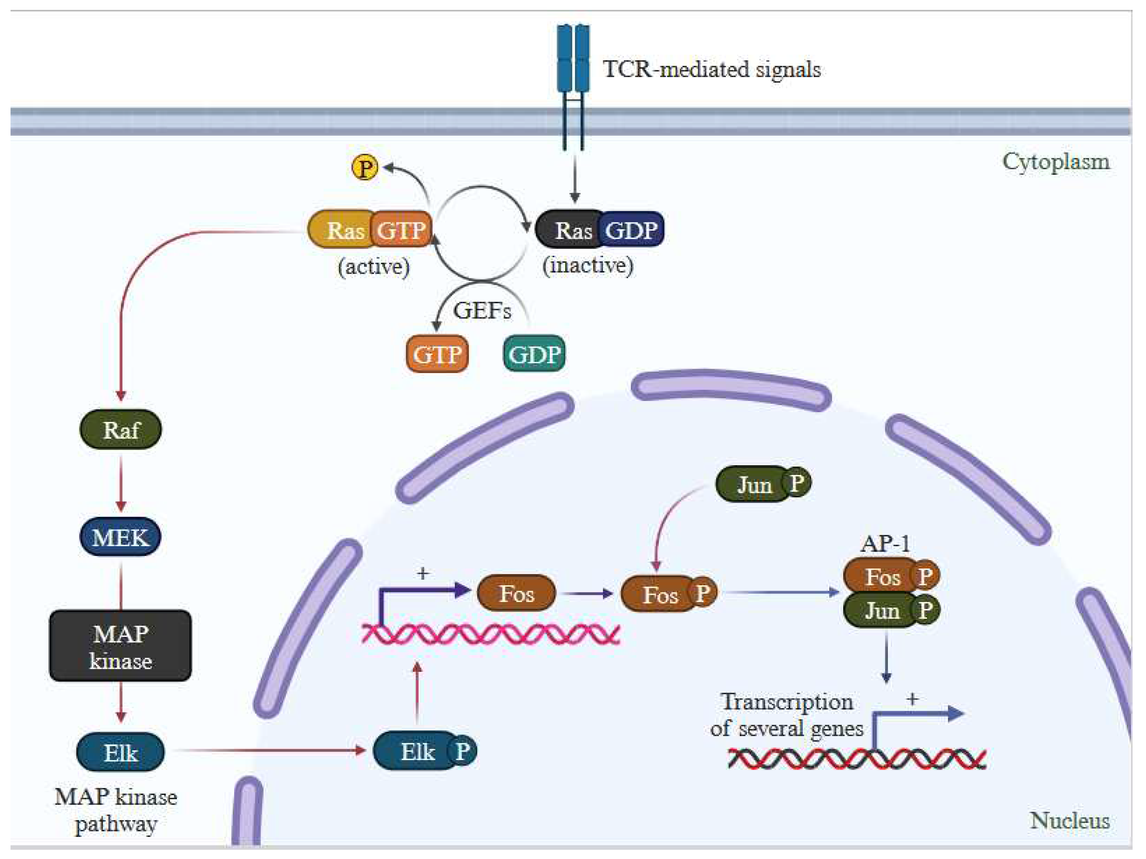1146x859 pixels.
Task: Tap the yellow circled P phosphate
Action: [365, 168]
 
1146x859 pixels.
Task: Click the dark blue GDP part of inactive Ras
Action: [631, 230]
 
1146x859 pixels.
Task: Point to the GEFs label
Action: [482, 310]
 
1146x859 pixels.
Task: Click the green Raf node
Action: [121, 429]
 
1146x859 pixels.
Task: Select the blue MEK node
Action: [120, 537]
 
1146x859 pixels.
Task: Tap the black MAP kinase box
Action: [120, 646]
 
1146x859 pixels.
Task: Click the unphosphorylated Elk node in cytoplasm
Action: [120, 752]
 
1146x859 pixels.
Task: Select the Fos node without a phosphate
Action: [516, 593]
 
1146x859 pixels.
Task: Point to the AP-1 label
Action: [885, 544]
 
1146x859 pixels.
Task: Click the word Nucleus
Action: [1069, 821]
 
